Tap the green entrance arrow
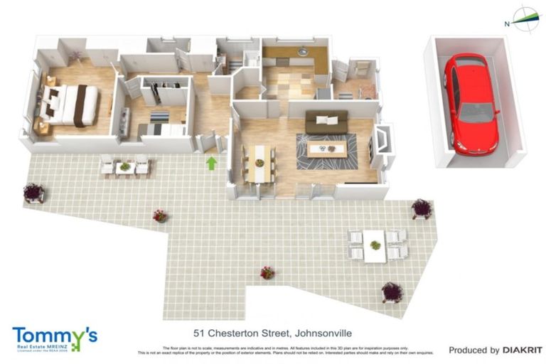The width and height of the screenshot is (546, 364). (x=211, y=164)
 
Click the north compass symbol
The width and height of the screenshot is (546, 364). (x=525, y=19)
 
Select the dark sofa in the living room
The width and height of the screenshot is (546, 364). (x=326, y=122)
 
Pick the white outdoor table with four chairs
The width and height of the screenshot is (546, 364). (x=375, y=245)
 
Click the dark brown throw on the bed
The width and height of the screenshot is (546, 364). (x=80, y=105)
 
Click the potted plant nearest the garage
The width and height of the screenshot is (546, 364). (x=422, y=208)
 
